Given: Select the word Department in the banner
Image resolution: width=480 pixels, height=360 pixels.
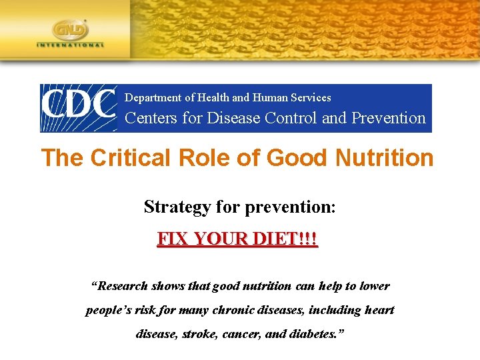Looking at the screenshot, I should click(153, 98).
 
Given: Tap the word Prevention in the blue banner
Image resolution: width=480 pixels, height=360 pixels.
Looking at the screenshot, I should click(388, 119).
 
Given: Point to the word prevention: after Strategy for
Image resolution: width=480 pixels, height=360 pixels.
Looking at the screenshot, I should click(291, 207).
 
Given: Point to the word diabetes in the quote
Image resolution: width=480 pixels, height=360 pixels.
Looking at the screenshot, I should click(319, 334).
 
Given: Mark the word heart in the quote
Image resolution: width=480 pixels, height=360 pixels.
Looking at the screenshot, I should click(381, 310).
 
